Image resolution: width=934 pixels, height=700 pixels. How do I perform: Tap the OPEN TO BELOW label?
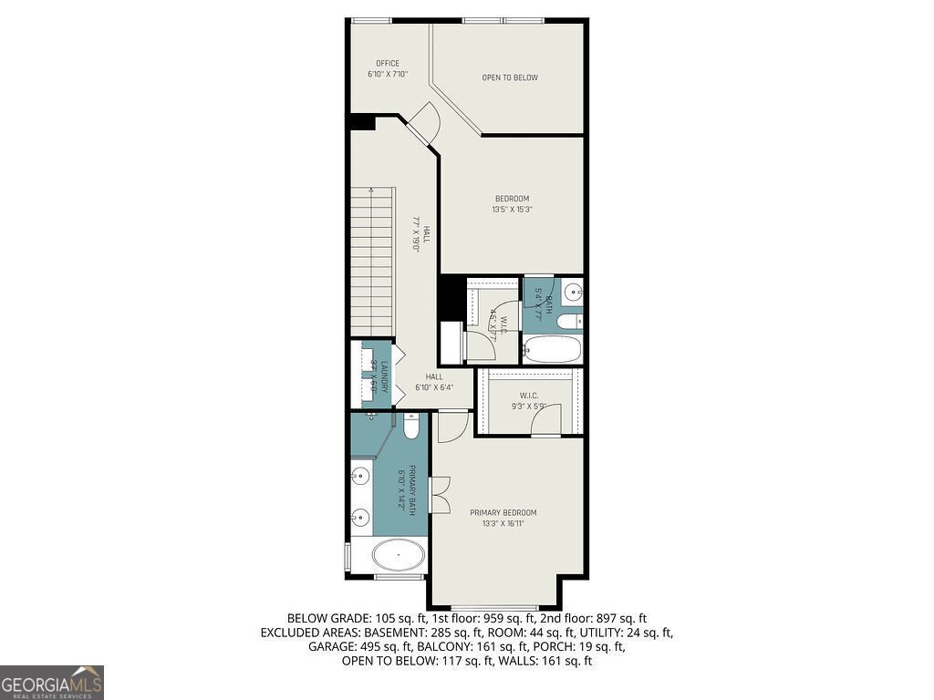pyautogui.click(x=510, y=77)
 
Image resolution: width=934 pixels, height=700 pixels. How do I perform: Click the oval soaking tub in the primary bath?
pyautogui.click(x=399, y=553)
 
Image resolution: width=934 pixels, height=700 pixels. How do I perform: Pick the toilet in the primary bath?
pyautogui.click(x=411, y=426)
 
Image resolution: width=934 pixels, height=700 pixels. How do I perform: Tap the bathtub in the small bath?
pyautogui.click(x=552, y=349)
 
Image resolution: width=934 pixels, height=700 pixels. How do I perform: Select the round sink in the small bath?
pyautogui.click(x=573, y=293)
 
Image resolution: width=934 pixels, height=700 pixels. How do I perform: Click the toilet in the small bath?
pyautogui.click(x=570, y=322)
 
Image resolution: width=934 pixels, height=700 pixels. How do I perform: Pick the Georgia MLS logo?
pyautogui.click(x=52, y=683)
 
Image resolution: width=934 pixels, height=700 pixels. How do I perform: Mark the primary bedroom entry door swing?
pyautogui.click(x=451, y=423)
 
